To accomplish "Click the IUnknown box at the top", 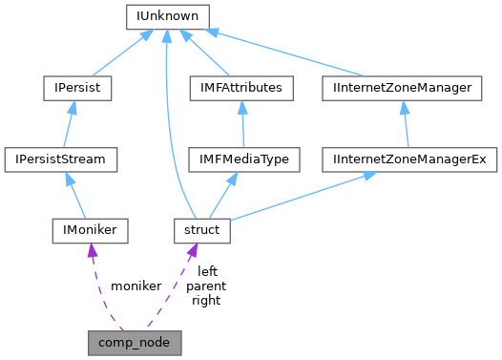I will coord(168,16).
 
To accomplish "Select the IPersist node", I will coord(77,88).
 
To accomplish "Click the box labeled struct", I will coord(201,229).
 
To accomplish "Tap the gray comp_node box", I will coord(135,340).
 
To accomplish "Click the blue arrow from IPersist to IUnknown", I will coord(120,53).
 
